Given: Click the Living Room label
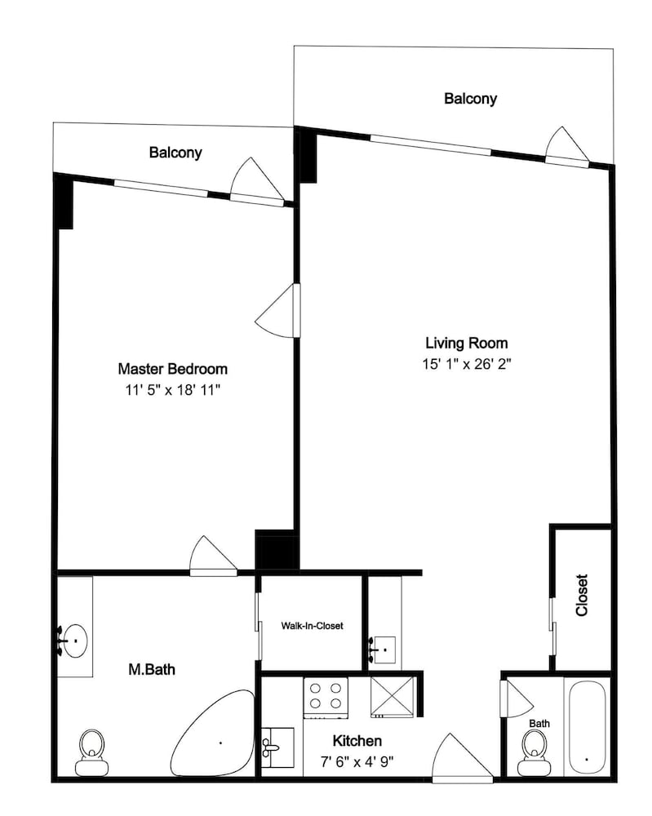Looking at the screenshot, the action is (466, 343).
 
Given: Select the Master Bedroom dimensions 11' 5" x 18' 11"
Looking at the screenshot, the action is (173, 390).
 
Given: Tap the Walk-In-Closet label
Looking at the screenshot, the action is (313, 626).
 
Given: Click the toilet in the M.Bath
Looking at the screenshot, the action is (92, 752).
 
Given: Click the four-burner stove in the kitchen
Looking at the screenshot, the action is (326, 698).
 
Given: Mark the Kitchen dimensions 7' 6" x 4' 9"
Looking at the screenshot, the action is (357, 762).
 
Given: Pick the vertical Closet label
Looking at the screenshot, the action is (582, 596).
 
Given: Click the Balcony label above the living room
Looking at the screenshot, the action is (470, 99).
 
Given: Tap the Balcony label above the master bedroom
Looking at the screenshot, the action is (175, 153).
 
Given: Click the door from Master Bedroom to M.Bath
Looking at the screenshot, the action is (213, 557).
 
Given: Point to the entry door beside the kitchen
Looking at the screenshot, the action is (462, 758).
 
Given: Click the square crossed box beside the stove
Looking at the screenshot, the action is (393, 697).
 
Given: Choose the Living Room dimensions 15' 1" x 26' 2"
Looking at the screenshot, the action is (467, 364).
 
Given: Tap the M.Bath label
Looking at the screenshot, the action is (152, 669).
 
